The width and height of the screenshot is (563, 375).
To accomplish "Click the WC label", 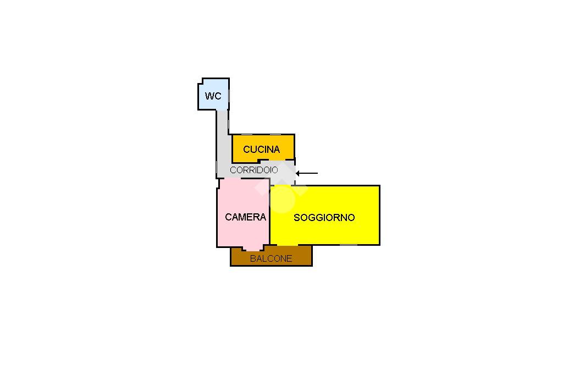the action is coord(213,96).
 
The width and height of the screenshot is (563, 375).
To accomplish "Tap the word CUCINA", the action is coord(261,149).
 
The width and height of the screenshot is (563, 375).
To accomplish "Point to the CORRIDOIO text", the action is coord(254,170).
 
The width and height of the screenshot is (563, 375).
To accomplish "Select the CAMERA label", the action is coord(246,217).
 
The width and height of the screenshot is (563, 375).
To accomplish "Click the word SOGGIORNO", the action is coord(324,217).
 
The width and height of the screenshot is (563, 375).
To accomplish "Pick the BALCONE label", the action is coord(271,258).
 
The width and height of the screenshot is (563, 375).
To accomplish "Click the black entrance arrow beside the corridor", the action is coord(307,173).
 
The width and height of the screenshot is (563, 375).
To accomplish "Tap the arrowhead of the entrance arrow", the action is coord(297,173).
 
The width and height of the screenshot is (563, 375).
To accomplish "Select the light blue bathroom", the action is coord(214,94).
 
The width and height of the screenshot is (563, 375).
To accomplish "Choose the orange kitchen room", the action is coord(263,148).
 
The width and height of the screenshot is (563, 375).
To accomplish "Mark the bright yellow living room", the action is coord(325,215).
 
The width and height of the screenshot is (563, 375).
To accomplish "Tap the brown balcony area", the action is coord(271,256).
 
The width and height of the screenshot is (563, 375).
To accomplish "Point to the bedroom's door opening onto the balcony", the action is coord(253,249).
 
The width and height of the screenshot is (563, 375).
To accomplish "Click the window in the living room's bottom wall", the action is coord(348,245).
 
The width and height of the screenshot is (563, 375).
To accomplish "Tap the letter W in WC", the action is coord(209,96).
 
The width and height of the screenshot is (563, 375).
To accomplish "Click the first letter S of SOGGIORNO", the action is coord(297,217).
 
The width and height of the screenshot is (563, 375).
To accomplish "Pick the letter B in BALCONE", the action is coord(253,258).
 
